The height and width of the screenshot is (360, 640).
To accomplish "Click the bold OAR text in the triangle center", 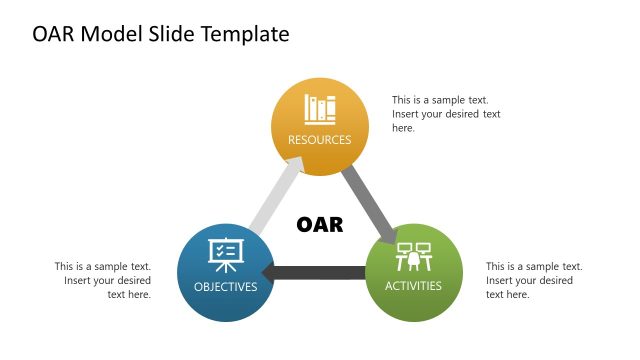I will pyautogui.click(x=320, y=225).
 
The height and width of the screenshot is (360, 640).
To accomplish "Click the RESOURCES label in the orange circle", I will pyautogui.click(x=320, y=140).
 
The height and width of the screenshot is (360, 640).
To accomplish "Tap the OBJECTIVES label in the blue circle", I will pyautogui.click(x=225, y=287).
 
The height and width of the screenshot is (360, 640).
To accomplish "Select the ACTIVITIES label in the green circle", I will pyautogui.click(x=414, y=287).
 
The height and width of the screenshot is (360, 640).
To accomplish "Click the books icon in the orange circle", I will pyautogui.click(x=320, y=109).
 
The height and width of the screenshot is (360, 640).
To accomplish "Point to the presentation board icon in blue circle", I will pyautogui.click(x=224, y=256).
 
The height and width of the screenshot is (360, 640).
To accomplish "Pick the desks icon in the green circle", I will pyautogui.click(x=414, y=257).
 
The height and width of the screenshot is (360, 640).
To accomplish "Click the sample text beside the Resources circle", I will pyautogui.click(x=446, y=114).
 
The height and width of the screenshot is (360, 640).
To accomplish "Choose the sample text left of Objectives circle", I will pyautogui.click(x=103, y=280).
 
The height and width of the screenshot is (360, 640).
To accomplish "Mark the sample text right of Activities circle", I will pyautogui.click(x=534, y=280).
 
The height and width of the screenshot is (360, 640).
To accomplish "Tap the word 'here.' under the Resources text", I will pyautogui.click(x=403, y=128).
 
